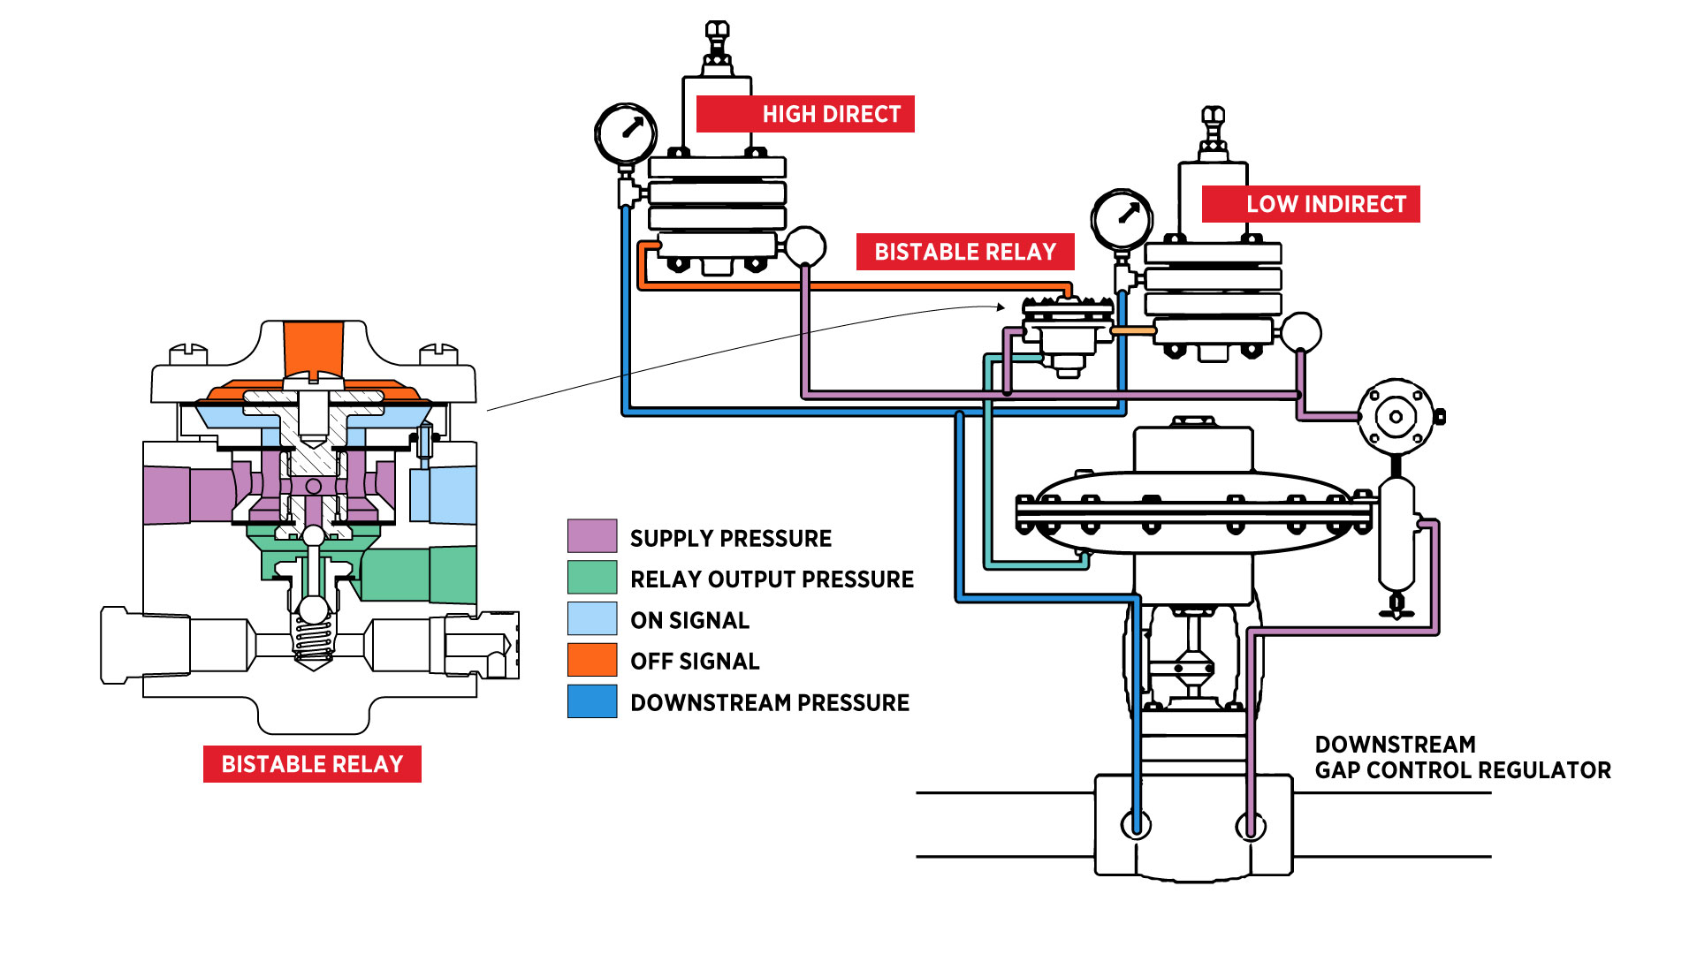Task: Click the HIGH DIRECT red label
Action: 805,114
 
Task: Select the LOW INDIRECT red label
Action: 1311,204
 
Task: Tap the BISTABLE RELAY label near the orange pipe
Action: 965,252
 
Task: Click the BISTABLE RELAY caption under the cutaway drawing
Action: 312,764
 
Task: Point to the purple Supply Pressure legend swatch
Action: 592,536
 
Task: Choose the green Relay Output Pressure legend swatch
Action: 592,578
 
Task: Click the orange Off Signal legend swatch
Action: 592,660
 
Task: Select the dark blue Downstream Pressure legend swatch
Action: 592,701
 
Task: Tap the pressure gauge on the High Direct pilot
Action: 626,133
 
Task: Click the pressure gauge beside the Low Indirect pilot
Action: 1122,219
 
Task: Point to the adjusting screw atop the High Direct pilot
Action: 717,40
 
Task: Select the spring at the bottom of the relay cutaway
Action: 313,640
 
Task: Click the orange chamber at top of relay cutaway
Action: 313,349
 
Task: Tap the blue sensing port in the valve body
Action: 1136,825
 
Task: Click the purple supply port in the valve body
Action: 1250,827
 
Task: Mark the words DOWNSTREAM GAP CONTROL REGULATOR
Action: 1462,757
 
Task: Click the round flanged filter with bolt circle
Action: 1396,417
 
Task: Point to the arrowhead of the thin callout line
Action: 1002,307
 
